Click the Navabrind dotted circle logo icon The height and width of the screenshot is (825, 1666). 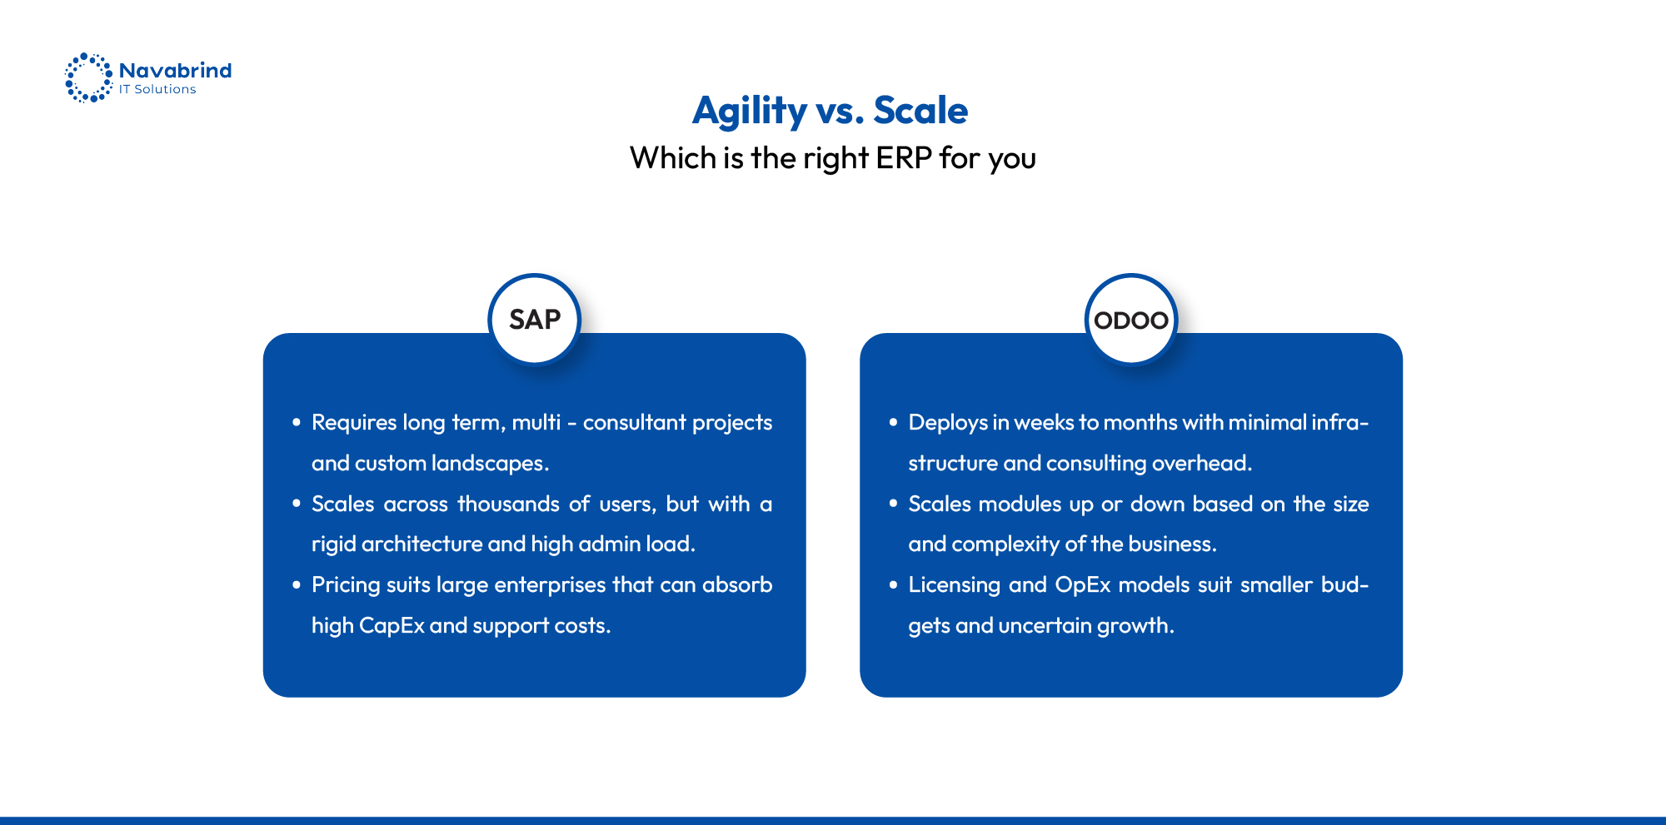(x=88, y=78)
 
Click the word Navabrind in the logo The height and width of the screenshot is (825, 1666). (x=175, y=71)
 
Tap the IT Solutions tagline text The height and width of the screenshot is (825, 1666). (x=157, y=90)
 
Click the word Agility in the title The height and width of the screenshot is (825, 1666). (x=750, y=111)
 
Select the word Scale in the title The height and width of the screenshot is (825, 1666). (x=920, y=111)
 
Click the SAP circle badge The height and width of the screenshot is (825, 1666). (x=535, y=320)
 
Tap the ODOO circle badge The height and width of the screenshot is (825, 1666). (x=1131, y=320)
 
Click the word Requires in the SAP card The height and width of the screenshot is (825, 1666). (x=353, y=423)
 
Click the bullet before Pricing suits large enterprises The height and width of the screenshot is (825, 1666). (x=296, y=585)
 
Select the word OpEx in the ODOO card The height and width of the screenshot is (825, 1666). (x=1083, y=585)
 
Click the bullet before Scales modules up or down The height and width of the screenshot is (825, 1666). (x=893, y=504)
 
